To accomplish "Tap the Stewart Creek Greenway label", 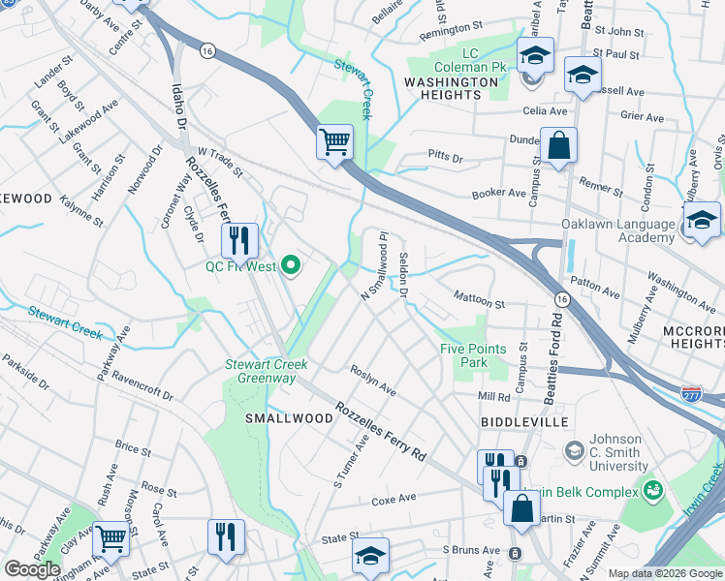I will point(267,371).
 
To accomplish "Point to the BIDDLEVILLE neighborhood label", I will point(521,423).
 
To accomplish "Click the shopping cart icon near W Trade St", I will point(334,143).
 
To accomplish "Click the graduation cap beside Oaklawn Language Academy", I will point(702,220).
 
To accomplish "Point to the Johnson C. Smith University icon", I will point(574,451).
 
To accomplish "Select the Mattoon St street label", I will point(480,303).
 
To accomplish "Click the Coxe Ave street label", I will point(394,499).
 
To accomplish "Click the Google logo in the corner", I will point(33,568).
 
